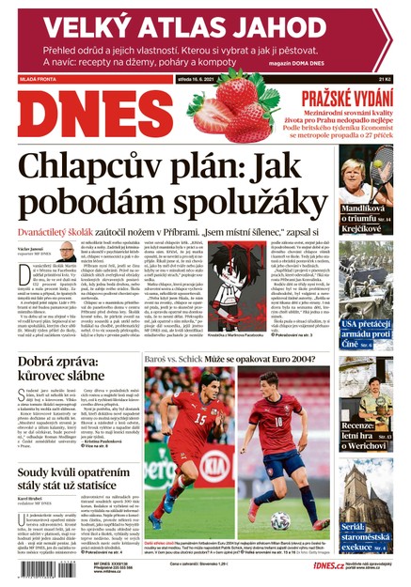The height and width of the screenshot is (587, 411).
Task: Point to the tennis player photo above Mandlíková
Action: [x=367, y=178]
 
